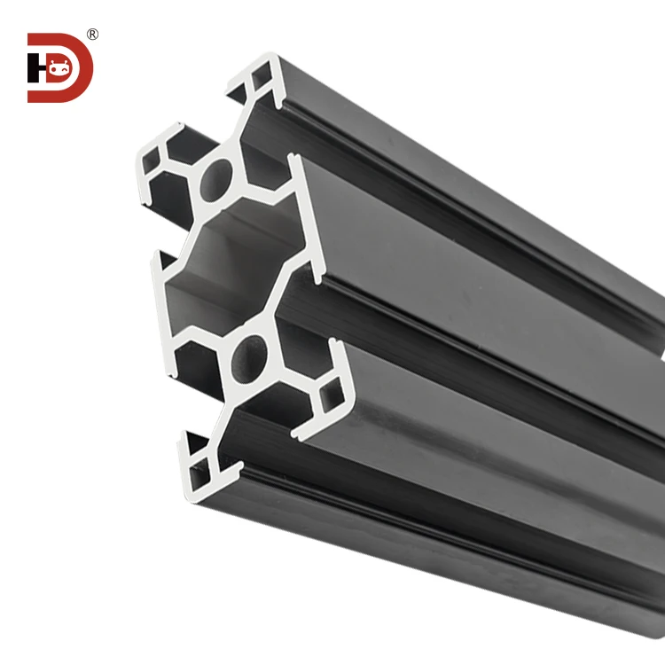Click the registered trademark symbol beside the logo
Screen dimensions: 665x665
(92, 35)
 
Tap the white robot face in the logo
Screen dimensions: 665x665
(59, 68)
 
